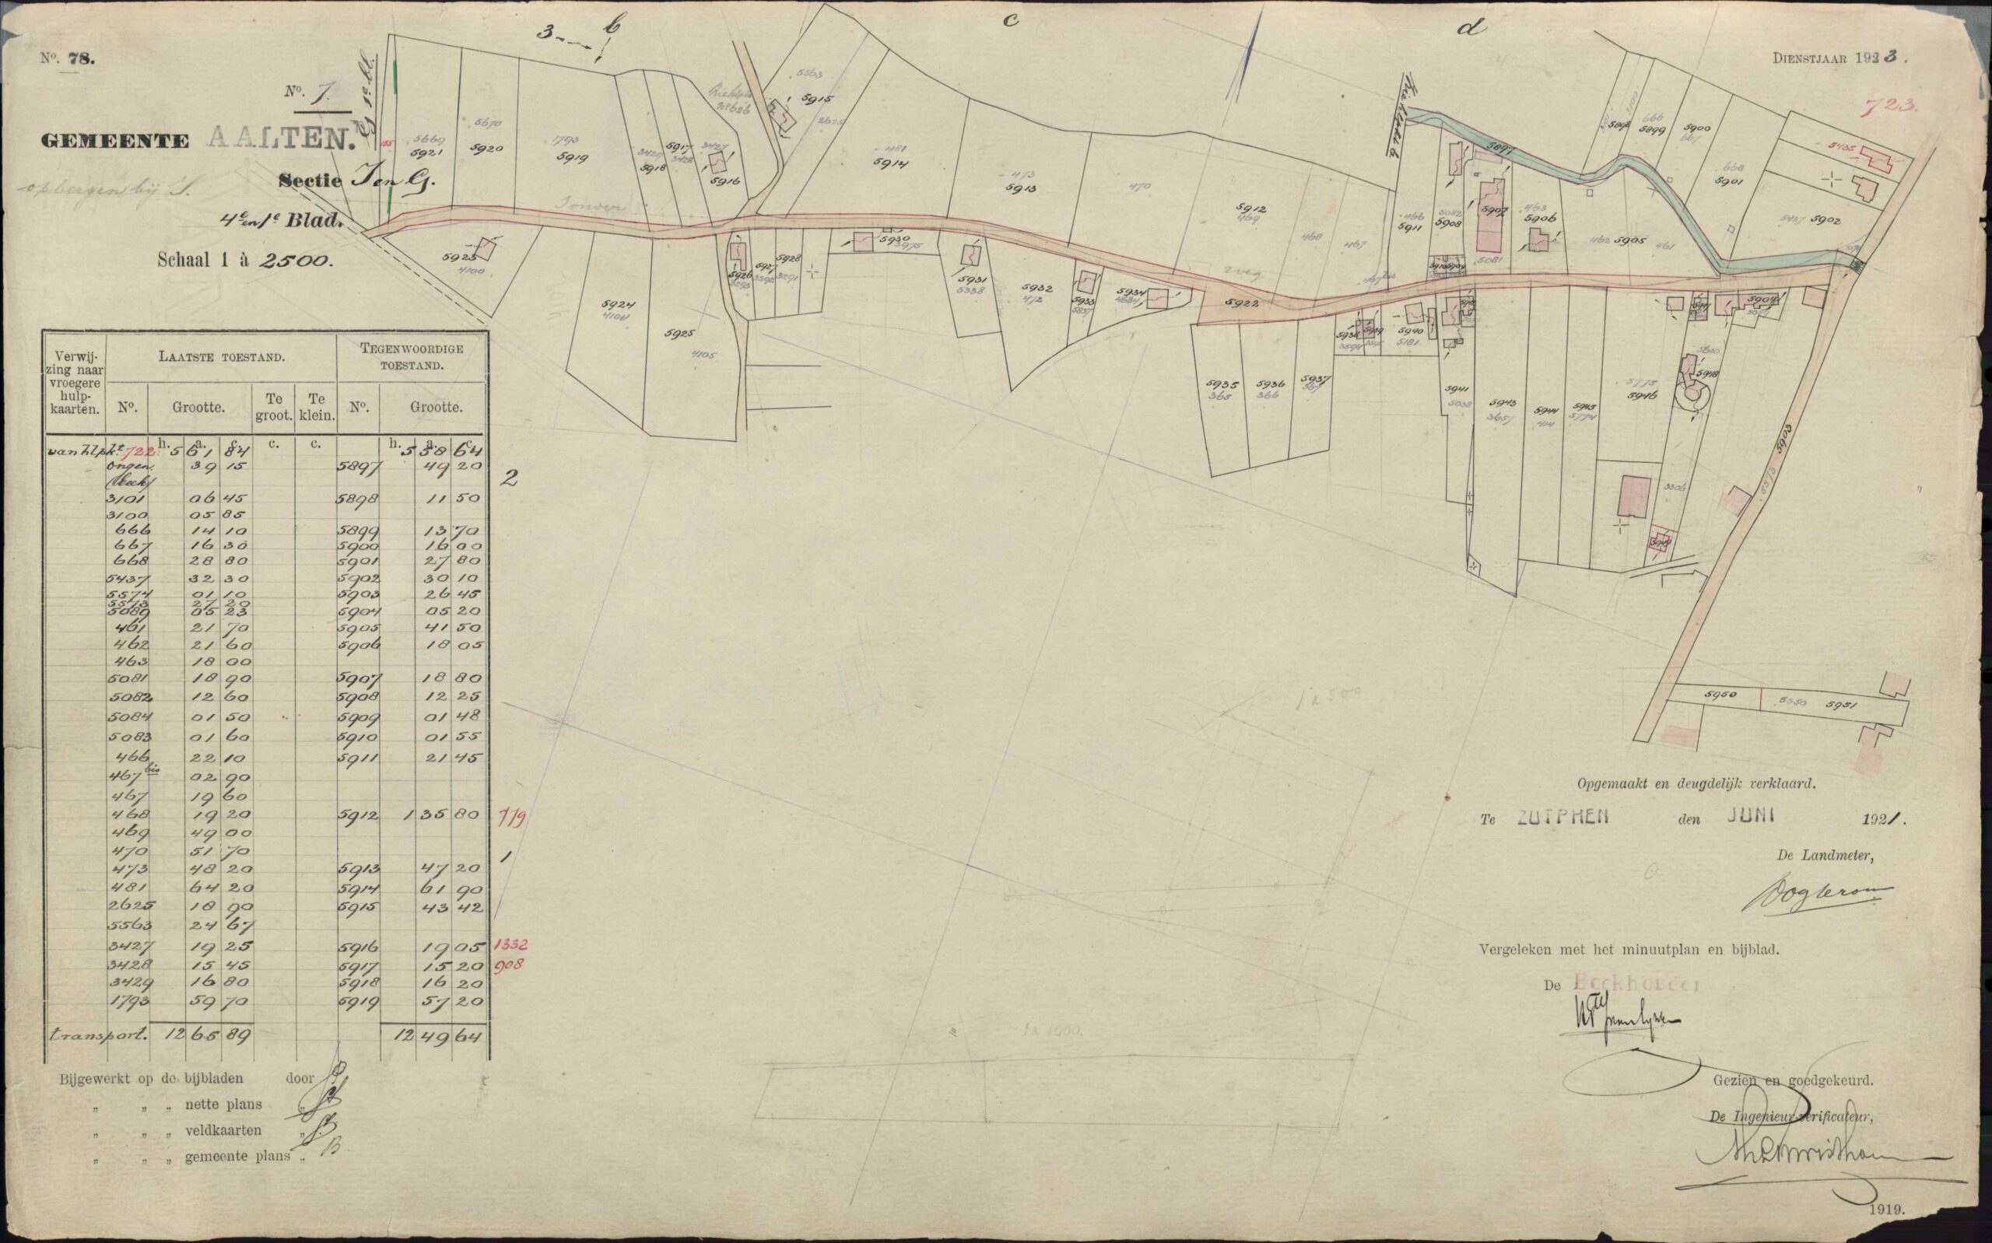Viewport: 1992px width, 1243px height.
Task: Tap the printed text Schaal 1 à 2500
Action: coord(244,261)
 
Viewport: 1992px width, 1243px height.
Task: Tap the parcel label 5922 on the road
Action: coord(1240,304)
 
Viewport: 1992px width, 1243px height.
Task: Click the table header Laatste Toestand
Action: coord(222,359)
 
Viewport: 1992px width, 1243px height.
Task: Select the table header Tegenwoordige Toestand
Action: coord(412,355)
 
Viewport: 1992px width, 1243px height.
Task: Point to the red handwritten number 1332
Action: coord(510,944)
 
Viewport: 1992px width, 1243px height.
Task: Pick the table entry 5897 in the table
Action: coord(357,466)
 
